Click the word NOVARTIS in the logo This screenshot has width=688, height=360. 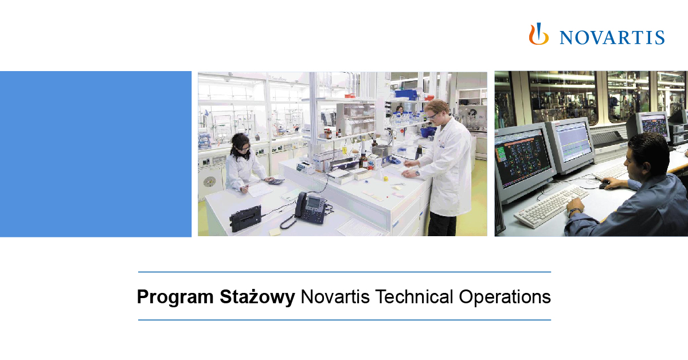[612, 37]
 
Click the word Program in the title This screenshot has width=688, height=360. [175, 297]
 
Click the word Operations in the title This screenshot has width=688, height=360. [505, 297]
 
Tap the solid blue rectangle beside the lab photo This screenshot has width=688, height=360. [95, 154]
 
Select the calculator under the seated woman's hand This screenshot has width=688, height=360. [275, 181]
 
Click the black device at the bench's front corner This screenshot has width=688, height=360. [245, 217]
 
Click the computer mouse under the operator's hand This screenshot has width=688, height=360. [603, 185]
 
